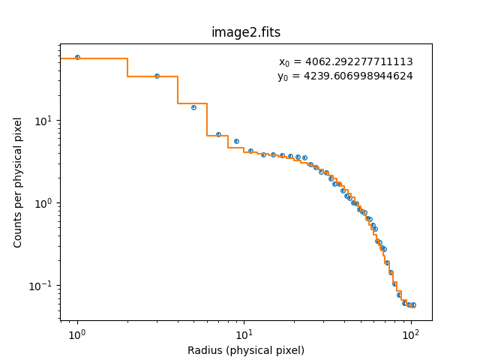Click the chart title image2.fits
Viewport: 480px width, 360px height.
point(246,32)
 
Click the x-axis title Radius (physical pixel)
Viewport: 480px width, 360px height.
point(246,350)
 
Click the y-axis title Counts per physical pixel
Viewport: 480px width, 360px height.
point(19,182)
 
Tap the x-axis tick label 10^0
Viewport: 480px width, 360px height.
point(76,334)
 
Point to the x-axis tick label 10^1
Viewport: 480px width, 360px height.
point(243,334)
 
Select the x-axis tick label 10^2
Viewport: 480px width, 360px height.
point(409,334)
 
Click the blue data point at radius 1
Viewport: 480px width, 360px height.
point(77,57)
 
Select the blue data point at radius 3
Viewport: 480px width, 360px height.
point(157,76)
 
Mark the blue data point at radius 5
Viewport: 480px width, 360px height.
point(193,107)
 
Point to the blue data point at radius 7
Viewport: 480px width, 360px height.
point(218,134)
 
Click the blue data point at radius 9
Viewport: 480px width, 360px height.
point(236,141)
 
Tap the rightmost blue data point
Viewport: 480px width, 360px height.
point(413,305)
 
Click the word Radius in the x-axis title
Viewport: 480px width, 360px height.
point(204,350)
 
